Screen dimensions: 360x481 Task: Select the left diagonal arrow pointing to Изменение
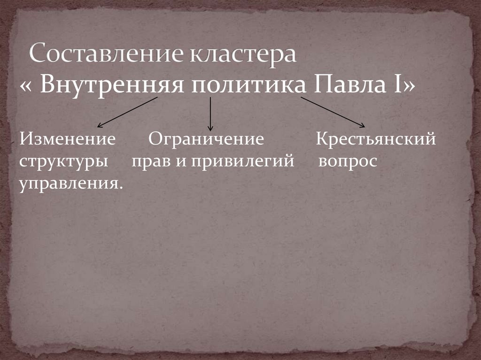click(127, 112)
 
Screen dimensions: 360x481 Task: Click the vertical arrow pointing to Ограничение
click(210, 113)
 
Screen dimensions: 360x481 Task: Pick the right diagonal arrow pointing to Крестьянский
click(333, 112)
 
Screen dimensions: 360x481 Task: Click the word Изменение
click(68, 139)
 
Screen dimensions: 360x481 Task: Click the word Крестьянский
click(376, 139)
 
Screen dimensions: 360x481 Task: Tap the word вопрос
click(348, 161)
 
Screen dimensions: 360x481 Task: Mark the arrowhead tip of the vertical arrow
click(210, 130)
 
